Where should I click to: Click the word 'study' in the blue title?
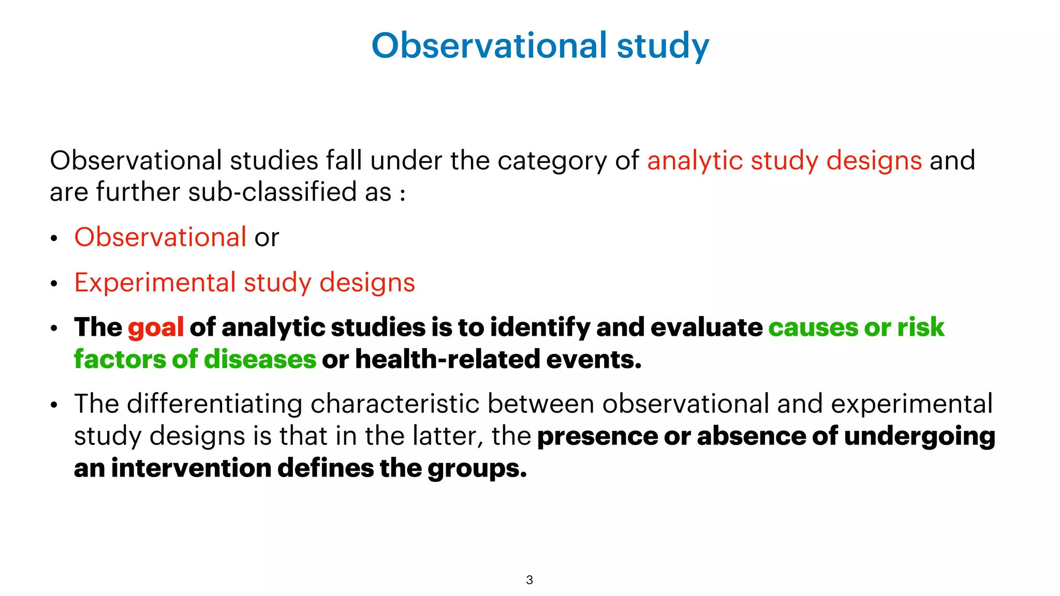[662, 47]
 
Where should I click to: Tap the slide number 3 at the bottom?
[529, 580]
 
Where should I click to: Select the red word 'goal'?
[156, 328]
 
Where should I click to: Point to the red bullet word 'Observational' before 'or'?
[160, 237]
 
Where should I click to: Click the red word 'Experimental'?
[155, 283]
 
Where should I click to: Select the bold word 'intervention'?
[191, 468]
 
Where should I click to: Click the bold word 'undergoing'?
[919, 437]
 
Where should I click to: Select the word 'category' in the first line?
[552, 161]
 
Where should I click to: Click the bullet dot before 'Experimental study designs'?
[54, 284]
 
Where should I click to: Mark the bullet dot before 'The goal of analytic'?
[54, 329]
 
